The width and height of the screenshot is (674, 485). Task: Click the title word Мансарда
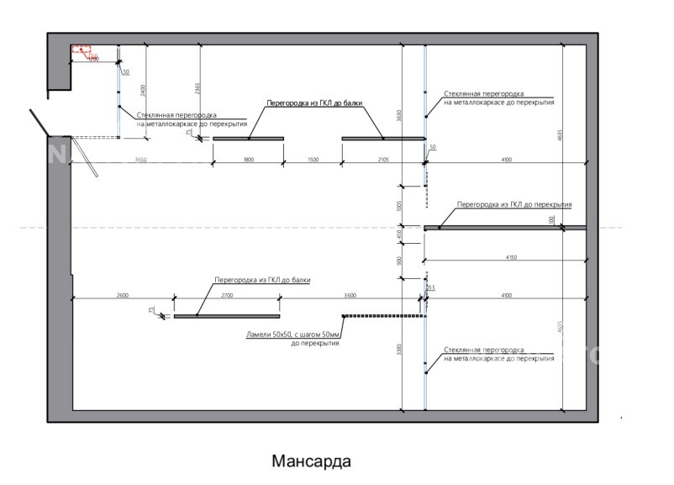[310, 461]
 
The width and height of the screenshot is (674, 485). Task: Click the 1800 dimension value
[249, 160]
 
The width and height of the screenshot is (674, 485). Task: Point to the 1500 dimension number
[313, 160]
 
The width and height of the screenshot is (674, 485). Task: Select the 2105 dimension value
[383, 160]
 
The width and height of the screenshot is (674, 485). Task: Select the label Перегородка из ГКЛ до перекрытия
[513, 204]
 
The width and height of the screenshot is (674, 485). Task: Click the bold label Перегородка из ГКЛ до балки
[315, 103]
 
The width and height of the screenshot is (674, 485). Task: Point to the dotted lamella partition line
[382, 316]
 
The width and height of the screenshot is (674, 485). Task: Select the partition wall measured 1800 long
[248, 138]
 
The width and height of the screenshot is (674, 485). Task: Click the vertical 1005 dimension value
[399, 204]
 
